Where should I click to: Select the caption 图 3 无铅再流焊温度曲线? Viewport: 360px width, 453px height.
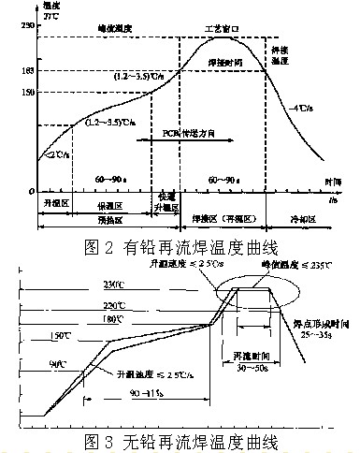tap(180, 439)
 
